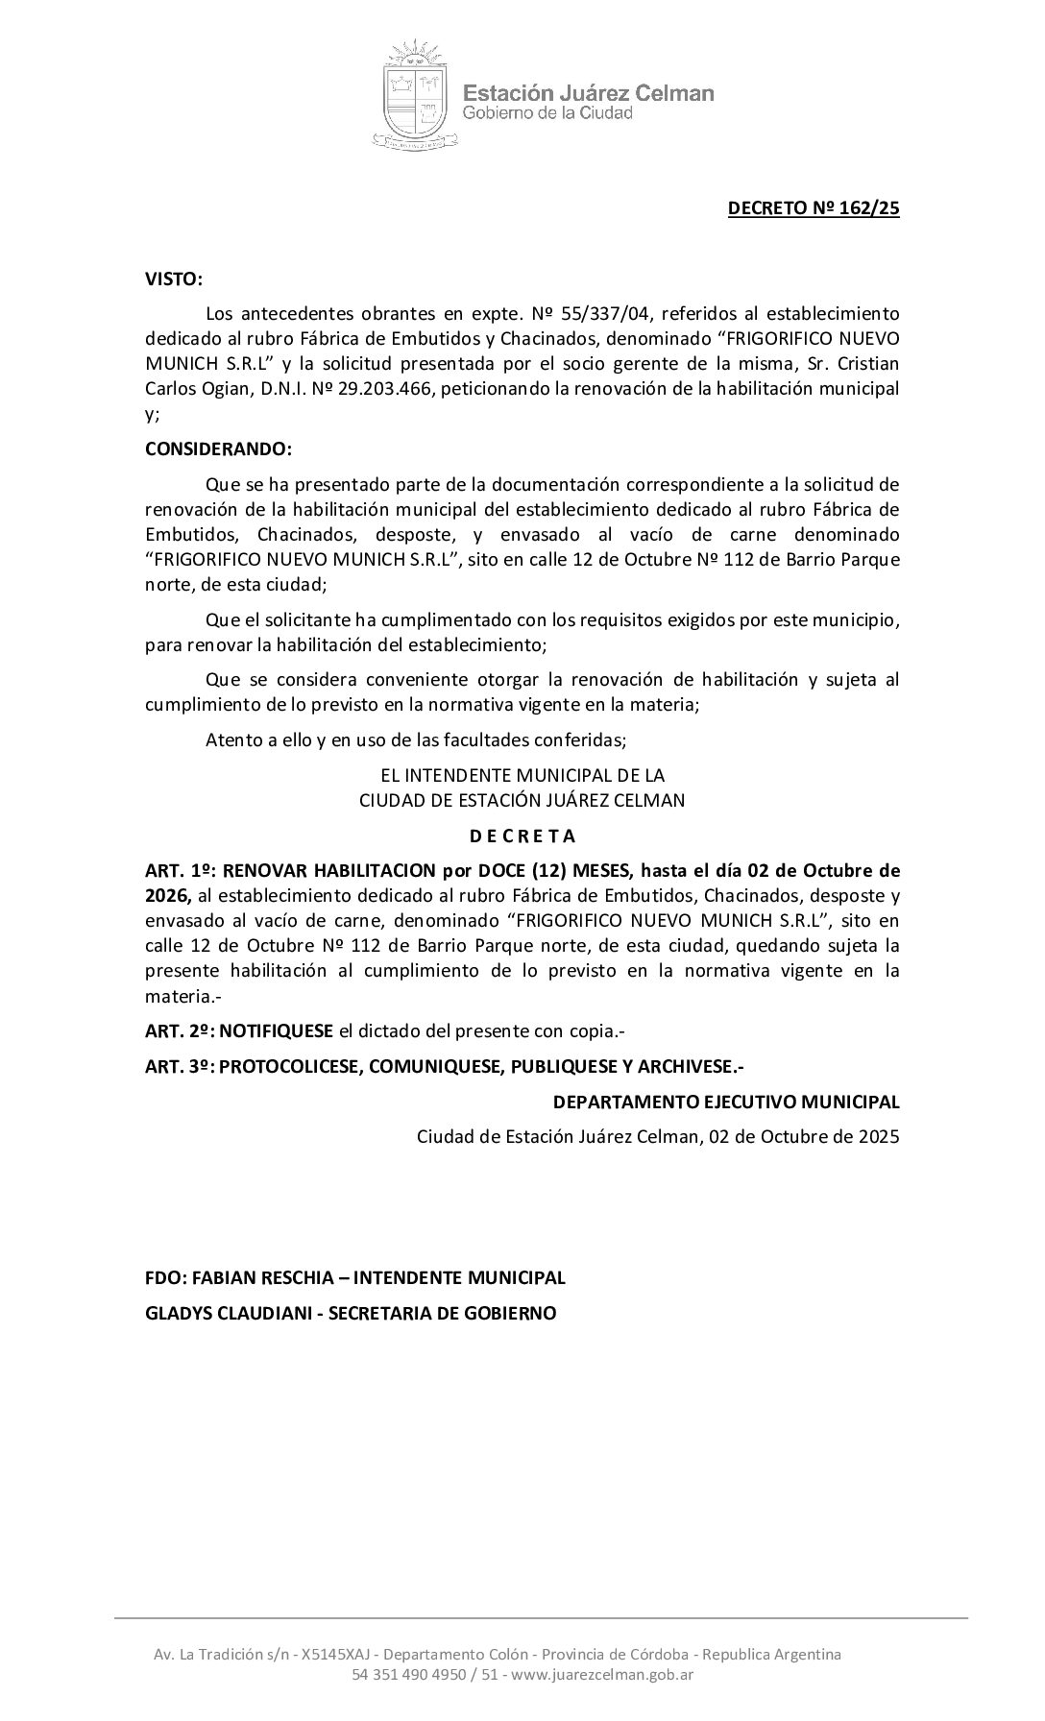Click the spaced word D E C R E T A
click(x=522, y=836)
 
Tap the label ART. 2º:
click(x=180, y=1031)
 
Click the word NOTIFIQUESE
click(x=277, y=1031)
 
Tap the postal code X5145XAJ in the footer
click(x=332, y=1654)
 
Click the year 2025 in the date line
click(x=878, y=1137)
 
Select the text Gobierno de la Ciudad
click(x=547, y=113)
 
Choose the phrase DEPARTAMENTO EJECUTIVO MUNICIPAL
click(x=726, y=1102)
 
